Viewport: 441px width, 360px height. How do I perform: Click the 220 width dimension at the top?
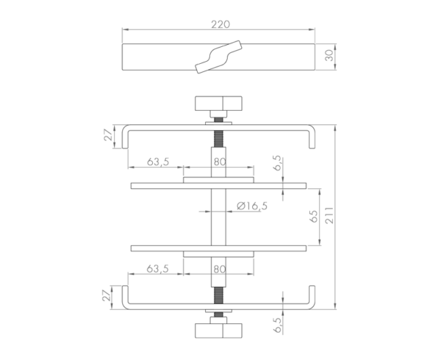pos(220,25)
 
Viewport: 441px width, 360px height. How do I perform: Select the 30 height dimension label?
pos(329,55)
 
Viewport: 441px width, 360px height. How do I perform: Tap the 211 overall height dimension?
pos(329,215)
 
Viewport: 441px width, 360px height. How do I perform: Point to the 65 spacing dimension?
pos(314,217)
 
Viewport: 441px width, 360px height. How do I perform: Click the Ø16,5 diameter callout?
pos(252,206)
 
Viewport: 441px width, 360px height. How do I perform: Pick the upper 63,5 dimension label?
pos(158,162)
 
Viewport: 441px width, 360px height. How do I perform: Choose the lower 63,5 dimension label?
pos(158,269)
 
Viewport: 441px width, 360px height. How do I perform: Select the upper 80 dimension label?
pos(220,162)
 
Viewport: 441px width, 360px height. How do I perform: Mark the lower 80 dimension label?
pos(220,269)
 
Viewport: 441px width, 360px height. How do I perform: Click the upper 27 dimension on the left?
pos(108,135)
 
